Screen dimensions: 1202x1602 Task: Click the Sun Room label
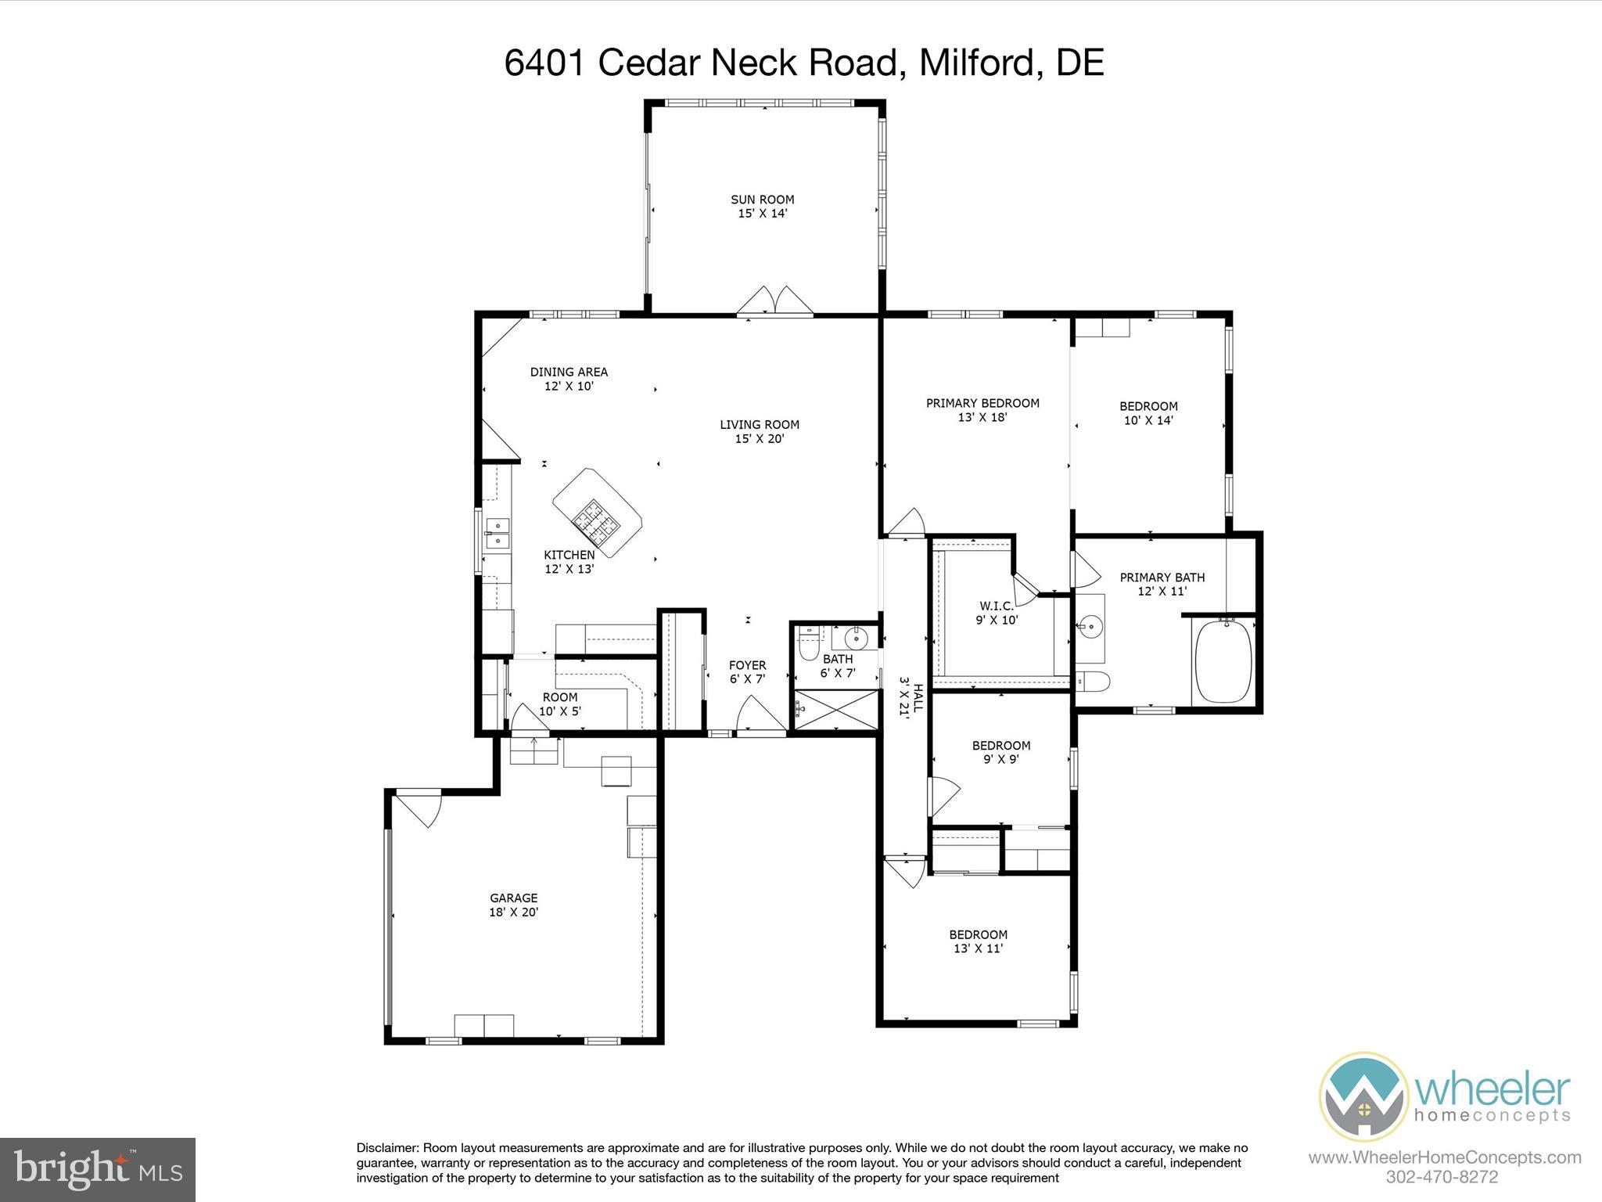pos(762,206)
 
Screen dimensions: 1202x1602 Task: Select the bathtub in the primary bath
pos(1223,661)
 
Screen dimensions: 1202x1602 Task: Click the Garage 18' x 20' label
pos(514,905)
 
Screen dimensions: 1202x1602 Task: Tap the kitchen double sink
pos(496,533)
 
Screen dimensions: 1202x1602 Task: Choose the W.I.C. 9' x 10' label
pos(996,613)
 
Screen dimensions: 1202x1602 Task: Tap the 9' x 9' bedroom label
pos(1000,752)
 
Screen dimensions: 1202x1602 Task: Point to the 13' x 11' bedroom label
pos(978,941)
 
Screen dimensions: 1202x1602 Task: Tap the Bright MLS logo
pos(98,1169)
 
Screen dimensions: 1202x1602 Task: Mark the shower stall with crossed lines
pos(835,710)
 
